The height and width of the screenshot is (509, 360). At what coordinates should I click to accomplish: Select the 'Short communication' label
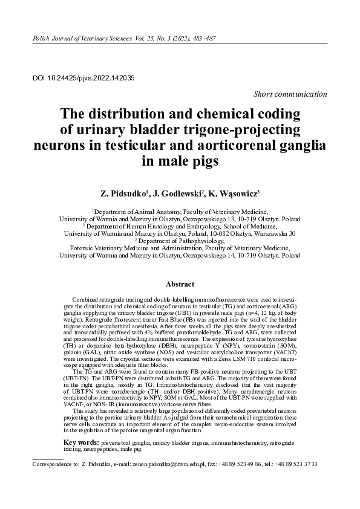pos(290,94)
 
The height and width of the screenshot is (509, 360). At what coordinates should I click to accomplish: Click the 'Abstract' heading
pos(180,284)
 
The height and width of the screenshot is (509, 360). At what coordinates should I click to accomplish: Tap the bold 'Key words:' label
pos(82,443)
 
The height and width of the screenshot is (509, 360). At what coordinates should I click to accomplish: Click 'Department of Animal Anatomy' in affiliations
pos(137,212)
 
